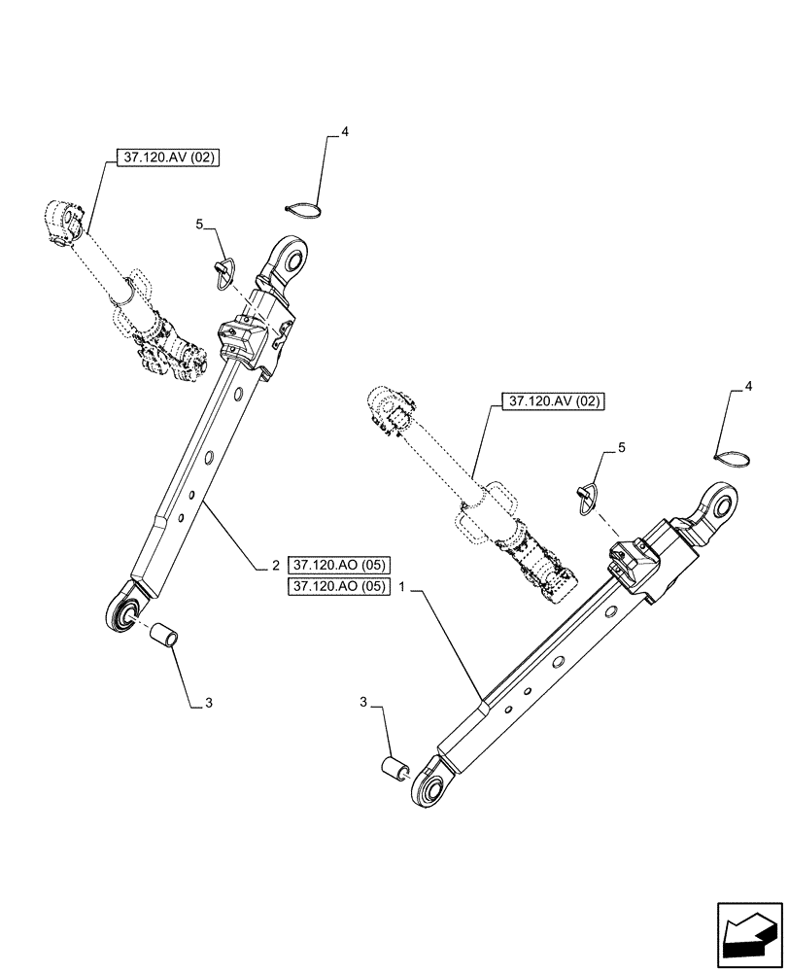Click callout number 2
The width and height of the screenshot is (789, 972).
(x=276, y=565)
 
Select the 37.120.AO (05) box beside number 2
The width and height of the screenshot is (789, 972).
(x=338, y=565)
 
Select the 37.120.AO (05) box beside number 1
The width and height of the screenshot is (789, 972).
(x=338, y=587)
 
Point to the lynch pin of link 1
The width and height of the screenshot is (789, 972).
(x=588, y=495)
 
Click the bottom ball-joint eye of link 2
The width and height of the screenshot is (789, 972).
(x=123, y=611)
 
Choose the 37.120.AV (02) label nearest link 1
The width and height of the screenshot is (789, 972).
(x=553, y=400)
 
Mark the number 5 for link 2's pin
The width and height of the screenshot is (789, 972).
(x=199, y=225)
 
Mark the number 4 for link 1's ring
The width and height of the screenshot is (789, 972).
(x=749, y=387)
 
